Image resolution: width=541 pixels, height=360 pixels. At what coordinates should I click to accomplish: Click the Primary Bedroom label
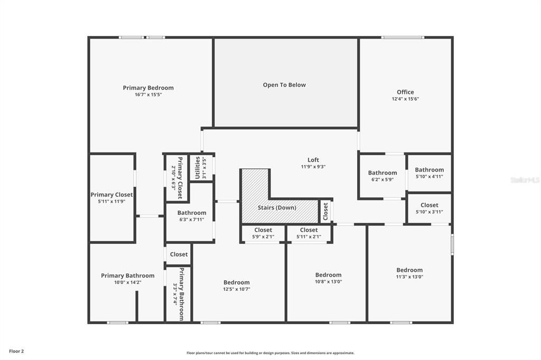pyautogui.click(x=148, y=88)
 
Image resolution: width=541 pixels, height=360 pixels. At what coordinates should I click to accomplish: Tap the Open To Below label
pyautogui.click(x=284, y=85)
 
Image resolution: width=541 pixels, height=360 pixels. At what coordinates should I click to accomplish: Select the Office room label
pyautogui.click(x=405, y=92)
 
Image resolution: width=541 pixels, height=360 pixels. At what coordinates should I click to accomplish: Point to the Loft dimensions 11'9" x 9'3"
pyautogui.click(x=313, y=167)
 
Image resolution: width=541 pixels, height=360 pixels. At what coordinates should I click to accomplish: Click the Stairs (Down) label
pyautogui.click(x=277, y=207)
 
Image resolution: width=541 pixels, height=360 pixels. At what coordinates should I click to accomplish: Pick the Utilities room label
pyautogui.click(x=198, y=167)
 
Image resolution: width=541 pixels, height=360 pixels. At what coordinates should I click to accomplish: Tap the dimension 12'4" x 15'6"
pyautogui.click(x=405, y=99)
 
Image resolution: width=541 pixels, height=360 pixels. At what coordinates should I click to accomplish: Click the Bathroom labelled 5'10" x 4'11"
pyautogui.click(x=429, y=169)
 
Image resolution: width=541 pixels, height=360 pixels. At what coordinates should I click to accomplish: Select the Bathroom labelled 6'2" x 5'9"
pyautogui.click(x=383, y=173)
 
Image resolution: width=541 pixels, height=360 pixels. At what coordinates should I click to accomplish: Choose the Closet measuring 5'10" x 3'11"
pyautogui.click(x=429, y=205)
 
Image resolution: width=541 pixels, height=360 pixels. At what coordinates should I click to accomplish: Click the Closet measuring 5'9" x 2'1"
pyautogui.click(x=263, y=230)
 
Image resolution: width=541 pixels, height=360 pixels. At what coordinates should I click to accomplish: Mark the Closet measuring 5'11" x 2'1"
pyautogui.click(x=309, y=230)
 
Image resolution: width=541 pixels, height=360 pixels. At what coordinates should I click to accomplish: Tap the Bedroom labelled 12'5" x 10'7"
pyautogui.click(x=236, y=282)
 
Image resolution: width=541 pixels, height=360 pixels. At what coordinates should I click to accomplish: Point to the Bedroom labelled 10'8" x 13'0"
pyautogui.click(x=328, y=275)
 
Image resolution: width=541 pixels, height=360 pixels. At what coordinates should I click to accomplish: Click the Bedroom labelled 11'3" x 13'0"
pyautogui.click(x=409, y=270)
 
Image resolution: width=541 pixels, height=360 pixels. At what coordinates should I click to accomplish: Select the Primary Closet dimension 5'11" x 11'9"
pyautogui.click(x=111, y=202)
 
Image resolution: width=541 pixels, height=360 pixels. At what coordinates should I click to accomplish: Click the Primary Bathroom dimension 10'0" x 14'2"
pyautogui.click(x=128, y=282)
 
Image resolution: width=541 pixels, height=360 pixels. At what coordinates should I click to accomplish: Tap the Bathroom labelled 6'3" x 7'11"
pyautogui.click(x=192, y=213)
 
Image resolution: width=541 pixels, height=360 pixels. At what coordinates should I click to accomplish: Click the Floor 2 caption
pyautogui.click(x=16, y=352)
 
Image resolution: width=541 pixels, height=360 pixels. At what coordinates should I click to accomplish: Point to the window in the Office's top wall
pyautogui.click(x=403, y=37)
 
